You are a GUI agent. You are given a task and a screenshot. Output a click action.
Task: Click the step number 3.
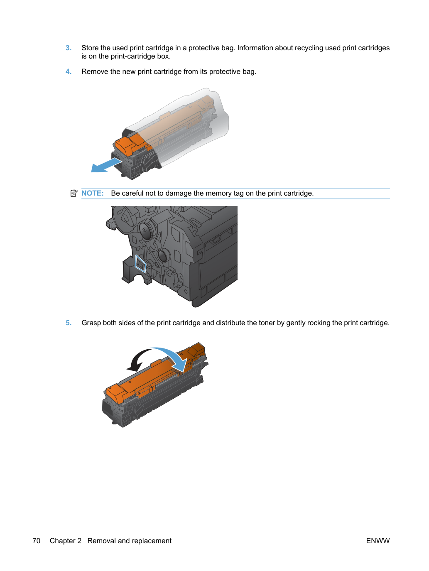point(69,48)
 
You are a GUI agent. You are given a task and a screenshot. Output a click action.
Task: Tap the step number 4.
point(69,71)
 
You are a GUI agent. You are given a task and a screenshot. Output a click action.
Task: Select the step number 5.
point(69,323)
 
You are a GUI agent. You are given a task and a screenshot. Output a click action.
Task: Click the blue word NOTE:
point(92,193)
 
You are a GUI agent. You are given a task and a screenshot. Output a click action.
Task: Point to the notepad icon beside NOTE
point(74,193)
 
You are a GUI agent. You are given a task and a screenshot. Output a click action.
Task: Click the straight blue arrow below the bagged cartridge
point(106,165)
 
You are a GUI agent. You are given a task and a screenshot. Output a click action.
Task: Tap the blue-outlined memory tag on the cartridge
point(140,264)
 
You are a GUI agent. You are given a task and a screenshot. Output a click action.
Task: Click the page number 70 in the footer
point(37,541)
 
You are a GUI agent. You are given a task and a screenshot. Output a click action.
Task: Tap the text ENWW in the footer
point(378,541)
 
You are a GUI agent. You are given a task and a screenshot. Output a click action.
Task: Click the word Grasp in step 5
point(91,323)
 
